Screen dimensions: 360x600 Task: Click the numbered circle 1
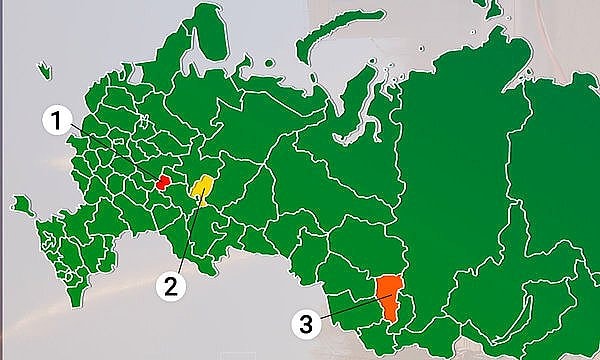tap(57, 124)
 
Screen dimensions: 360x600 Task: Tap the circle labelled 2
tap(171, 287)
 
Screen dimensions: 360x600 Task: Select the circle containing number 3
tap(309, 323)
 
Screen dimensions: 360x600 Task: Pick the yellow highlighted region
tap(203, 187)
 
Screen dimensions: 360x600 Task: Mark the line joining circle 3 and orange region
tap(345, 308)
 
